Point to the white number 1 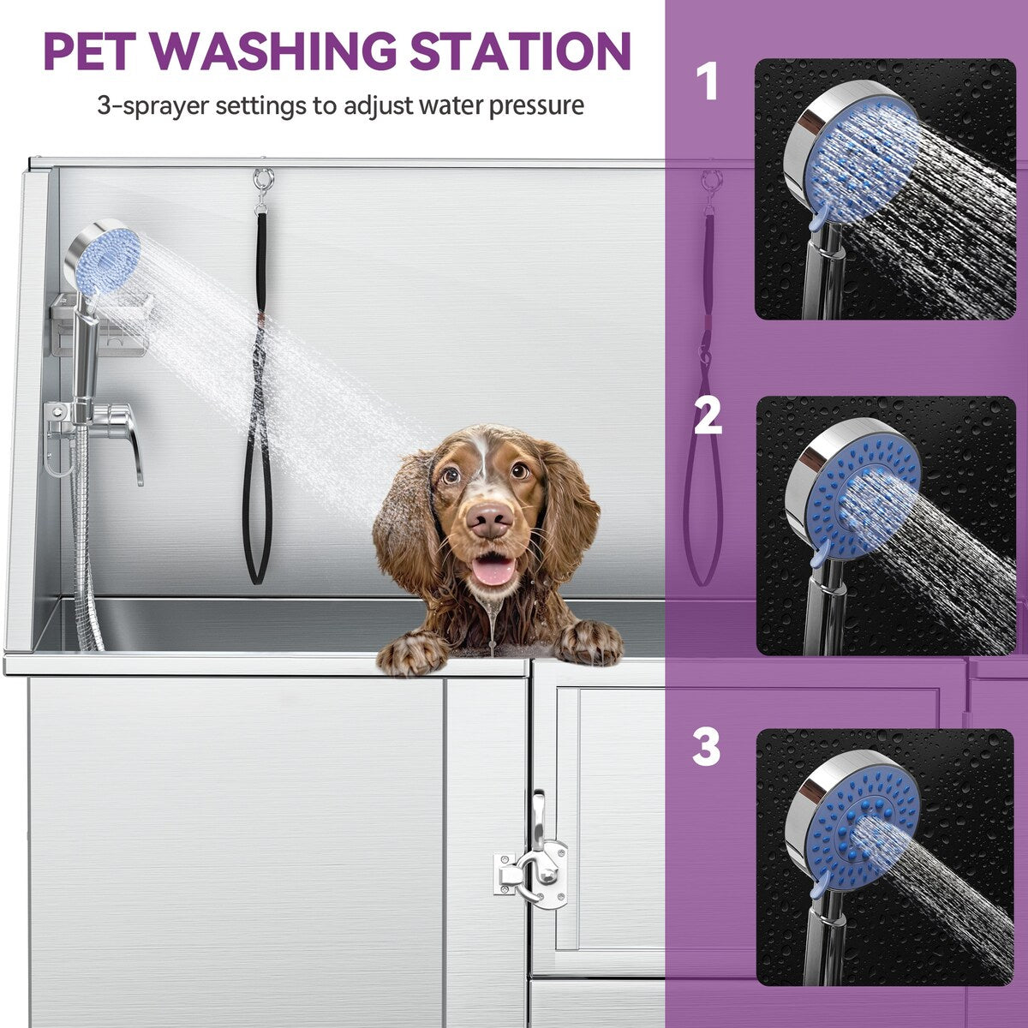pyautogui.click(x=706, y=82)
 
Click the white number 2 pyautogui.click(x=708, y=417)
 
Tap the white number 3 pyautogui.click(x=707, y=747)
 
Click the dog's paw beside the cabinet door pyautogui.click(x=589, y=642)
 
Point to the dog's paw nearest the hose pyautogui.click(x=413, y=653)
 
